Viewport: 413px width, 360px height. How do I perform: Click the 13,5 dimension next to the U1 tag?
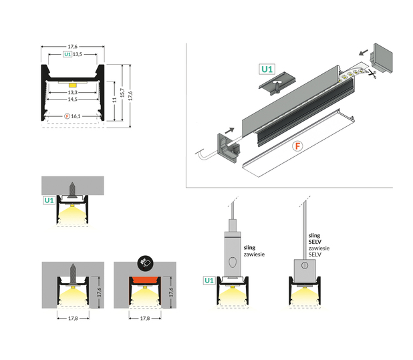(78, 54)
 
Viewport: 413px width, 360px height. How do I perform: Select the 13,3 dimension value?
(73, 93)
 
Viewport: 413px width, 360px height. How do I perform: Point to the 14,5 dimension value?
(73, 100)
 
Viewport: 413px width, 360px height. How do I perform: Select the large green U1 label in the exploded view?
(267, 69)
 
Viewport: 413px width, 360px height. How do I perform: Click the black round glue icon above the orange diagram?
(144, 262)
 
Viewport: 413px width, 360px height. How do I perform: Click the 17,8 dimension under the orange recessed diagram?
(144, 318)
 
